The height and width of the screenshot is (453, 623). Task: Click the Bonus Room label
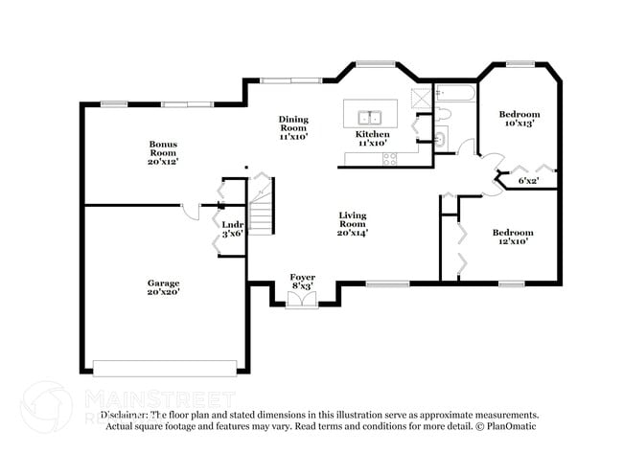pyautogui.click(x=163, y=152)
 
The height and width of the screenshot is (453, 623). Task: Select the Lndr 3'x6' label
pyautogui.click(x=233, y=229)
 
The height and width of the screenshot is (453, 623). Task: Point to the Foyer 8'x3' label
pyautogui.click(x=302, y=281)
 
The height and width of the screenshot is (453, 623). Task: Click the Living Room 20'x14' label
pyautogui.click(x=352, y=224)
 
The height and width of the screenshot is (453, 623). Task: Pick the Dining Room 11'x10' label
pyautogui.click(x=293, y=127)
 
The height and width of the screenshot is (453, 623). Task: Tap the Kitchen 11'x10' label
pyautogui.click(x=373, y=140)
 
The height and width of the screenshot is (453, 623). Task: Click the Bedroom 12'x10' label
pyautogui.click(x=511, y=237)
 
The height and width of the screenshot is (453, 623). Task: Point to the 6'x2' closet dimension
pyautogui.click(x=528, y=180)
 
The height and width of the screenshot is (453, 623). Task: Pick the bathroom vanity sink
pyautogui.click(x=440, y=139)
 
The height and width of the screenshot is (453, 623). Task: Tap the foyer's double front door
pyautogui.click(x=302, y=301)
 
